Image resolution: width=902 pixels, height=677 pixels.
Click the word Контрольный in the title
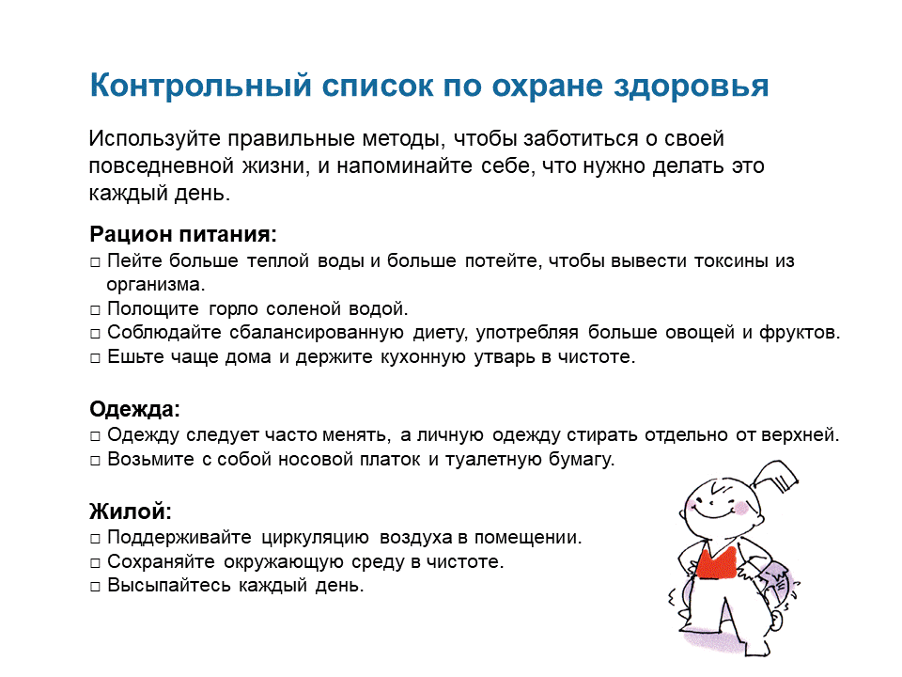click(x=200, y=86)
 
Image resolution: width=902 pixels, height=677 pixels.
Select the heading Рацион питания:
click(x=183, y=234)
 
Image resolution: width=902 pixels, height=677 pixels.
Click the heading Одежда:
click(x=134, y=409)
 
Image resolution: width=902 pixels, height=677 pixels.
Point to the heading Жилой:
click(x=131, y=512)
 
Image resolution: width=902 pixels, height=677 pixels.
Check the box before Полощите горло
click(x=95, y=310)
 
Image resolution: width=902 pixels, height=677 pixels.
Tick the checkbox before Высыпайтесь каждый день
click(x=95, y=587)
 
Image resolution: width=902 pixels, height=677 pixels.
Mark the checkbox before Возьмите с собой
click(x=95, y=461)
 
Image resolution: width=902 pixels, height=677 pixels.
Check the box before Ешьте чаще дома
click(x=95, y=358)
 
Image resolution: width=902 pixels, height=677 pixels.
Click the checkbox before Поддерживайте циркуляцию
click(x=95, y=539)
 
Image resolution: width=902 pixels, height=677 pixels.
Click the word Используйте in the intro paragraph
click(x=155, y=139)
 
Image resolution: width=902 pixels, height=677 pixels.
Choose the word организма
click(x=155, y=285)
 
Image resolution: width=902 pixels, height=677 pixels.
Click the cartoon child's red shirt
click(x=716, y=562)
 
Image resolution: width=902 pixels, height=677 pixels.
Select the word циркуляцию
click(x=316, y=538)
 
